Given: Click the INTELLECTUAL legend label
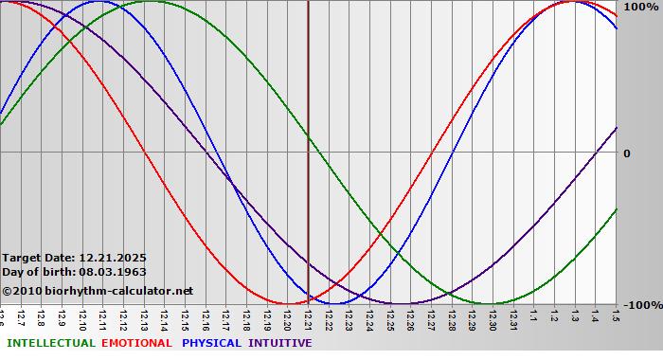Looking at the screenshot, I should coord(51,343).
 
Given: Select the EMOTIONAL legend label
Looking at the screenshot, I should coord(136,343).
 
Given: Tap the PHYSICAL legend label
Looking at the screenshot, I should coord(212,343).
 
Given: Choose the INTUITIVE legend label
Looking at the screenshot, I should coord(280,343).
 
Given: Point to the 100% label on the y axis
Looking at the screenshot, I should coord(638,7).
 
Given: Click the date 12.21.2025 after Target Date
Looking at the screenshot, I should coord(113,258).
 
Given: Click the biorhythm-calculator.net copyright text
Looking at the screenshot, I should coord(98,291).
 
